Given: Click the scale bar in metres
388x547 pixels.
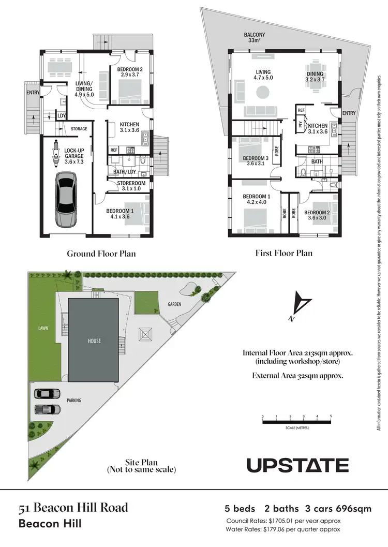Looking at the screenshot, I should pyautogui.click(x=296, y=422).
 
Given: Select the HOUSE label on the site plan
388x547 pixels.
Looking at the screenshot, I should pyautogui.click(x=94, y=341).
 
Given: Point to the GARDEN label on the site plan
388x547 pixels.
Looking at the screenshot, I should pyautogui.click(x=174, y=304).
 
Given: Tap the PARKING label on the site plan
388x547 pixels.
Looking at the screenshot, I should pyautogui.click(x=73, y=400).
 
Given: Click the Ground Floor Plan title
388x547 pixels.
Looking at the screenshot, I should pyautogui.click(x=101, y=254).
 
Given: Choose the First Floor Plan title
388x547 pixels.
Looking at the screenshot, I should pyautogui.click(x=283, y=254).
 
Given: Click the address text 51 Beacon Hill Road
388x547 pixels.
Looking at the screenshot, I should pyautogui.click(x=73, y=508).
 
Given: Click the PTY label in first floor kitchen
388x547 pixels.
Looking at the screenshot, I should pyautogui.click(x=301, y=124).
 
